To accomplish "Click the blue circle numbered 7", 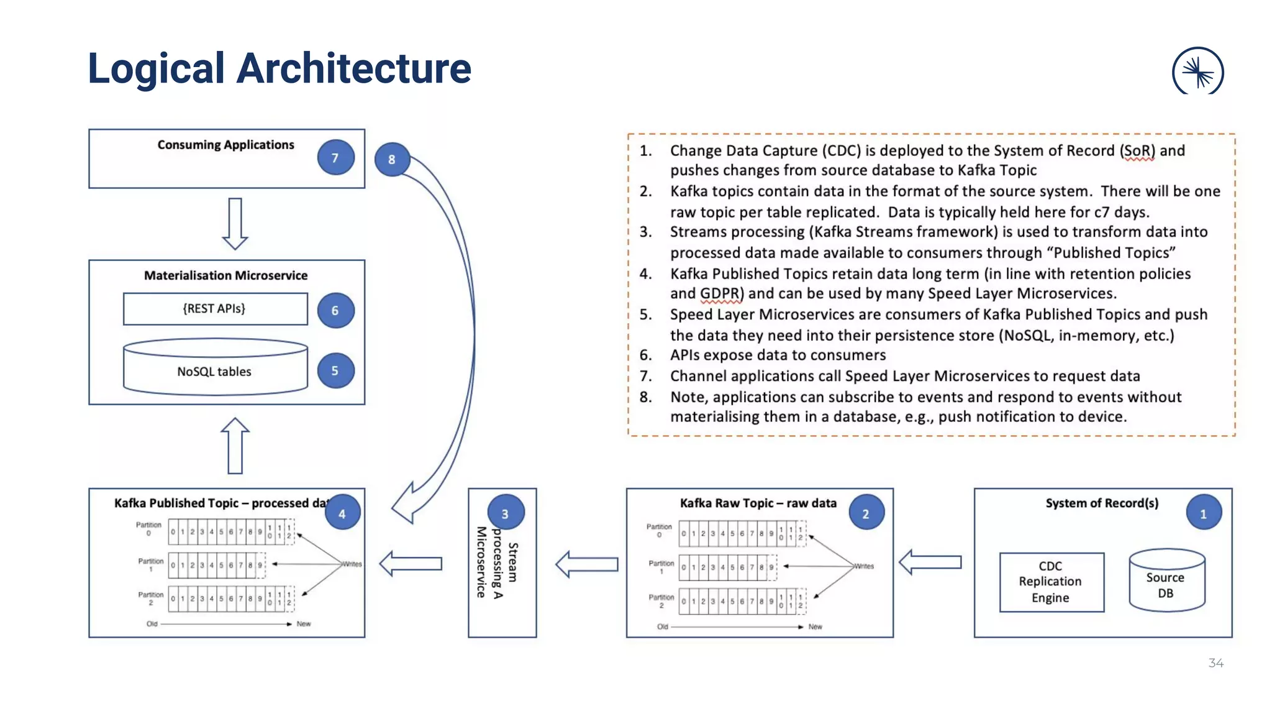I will pos(335,157).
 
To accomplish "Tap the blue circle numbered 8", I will pos(392,159).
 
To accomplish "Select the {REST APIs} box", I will pos(215,309).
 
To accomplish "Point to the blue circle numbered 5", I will pos(335,370).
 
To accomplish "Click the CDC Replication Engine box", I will pos(1051,582).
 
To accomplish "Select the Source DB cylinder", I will pos(1166,581).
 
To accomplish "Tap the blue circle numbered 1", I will pos(1203,513).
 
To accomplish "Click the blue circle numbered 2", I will pos(866,513).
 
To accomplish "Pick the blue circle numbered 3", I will pos(505,513).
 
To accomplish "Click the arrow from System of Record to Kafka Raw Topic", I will pos(930,562).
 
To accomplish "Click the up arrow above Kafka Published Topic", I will pos(235,446).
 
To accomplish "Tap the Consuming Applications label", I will pos(225,145).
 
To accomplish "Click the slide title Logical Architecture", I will pos(279,68).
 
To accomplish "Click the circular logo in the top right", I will pos(1197,71).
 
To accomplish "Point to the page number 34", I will pos(1215,663).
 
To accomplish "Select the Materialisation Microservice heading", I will pos(225,275).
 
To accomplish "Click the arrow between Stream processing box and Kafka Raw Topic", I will pos(587,564).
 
